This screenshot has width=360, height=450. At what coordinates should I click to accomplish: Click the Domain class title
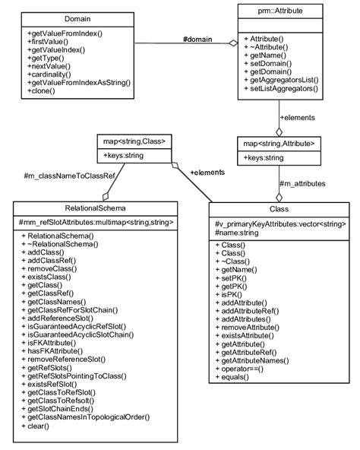point(78,17)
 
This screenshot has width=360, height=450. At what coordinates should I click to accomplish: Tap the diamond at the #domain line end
point(234,43)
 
